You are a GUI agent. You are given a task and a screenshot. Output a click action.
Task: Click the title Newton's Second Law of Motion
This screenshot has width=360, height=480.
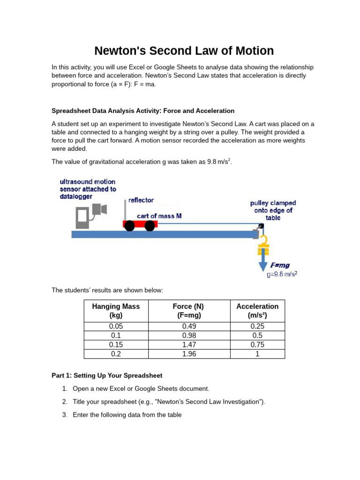pyautogui.click(x=184, y=51)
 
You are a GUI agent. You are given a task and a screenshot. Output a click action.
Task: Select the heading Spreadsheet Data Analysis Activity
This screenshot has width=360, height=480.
pyautogui.click(x=142, y=111)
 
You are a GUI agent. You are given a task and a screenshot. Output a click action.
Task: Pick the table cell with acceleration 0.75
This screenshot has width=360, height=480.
pyautogui.click(x=257, y=345)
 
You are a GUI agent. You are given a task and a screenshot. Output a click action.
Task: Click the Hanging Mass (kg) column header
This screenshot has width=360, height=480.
pyautogui.click(x=116, y=311)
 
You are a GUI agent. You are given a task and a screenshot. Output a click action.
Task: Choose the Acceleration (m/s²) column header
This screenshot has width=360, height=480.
pyautogui.click(x=257, y=311)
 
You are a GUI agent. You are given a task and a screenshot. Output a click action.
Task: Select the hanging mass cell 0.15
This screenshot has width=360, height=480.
pyautogui.click(x=116, y=345)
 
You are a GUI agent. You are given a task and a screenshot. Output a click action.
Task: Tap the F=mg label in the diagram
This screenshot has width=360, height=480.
pyautogui.click(x=280, y=265)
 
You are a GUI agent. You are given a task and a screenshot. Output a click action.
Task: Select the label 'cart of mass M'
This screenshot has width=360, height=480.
pyautogui.click(x=159, y=216)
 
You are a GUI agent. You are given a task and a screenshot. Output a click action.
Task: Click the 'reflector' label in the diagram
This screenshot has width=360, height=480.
pyautogui.click(x=141, y=200)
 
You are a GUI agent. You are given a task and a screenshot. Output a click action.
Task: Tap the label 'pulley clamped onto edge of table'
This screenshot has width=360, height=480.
pyautogui.click(x=273, y=210)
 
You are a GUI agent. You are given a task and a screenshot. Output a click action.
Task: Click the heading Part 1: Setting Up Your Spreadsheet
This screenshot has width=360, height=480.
pyautogui.click(x=106, y=375)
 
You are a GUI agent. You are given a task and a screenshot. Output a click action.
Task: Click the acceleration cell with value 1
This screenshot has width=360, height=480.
pyautogui.click(x=257, y=354)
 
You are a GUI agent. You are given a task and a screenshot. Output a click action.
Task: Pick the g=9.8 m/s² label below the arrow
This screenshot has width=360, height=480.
pyautogui.click(x=282, y=275)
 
